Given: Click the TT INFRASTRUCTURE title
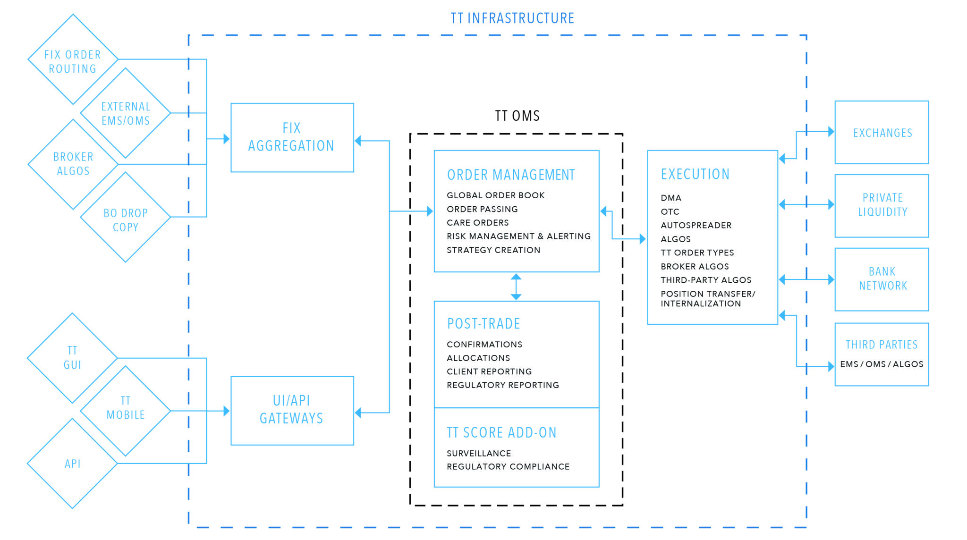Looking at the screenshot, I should click(x=512, y=18).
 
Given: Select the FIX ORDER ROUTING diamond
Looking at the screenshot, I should click(x=73, y=61).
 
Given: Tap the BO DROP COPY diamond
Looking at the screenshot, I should click(x=126, y=219).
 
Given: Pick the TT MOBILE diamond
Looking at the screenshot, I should click(x=126, y=408).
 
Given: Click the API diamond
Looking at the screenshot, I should click(x=72, y=464).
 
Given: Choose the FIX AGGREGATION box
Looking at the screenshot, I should click(x=292, y=137).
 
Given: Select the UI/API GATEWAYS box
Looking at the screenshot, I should click(x=292, y=410).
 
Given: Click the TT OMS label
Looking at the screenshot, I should click(x=517, y=116).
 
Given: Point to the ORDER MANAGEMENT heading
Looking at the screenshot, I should click(x=511, y=175).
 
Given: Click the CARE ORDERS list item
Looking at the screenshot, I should click(x=478, y=223).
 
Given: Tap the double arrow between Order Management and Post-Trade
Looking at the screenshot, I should click(x=516, y=287).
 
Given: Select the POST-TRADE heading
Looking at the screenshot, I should click(x=483, y=324).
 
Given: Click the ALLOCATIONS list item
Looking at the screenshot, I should click(x=478, y=358).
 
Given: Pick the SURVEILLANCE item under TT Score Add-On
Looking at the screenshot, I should click(x=479, y=454).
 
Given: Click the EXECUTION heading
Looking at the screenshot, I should click(x=695, y=174).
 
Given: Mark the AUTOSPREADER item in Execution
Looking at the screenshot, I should click(x=696, y=226).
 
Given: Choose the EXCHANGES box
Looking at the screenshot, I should click(x=882, y=133).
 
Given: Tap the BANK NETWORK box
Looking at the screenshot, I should click(x=882, y=279).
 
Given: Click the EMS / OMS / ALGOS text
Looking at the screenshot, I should click(x=882, y=364).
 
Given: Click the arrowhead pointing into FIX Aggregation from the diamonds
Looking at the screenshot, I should click(x=226, y=139).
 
